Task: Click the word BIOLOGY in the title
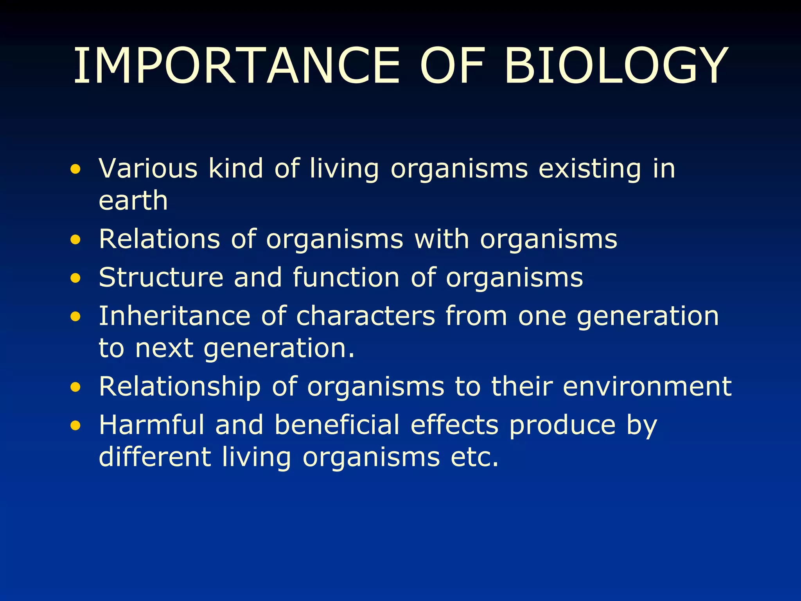click(x=616, y=66)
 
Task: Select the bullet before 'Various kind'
click(x=75, y=170)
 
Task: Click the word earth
click(x=133, y=201)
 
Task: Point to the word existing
click(x=590, y=169)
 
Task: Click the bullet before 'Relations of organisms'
click(x=75, y=240)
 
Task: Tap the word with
click(x=442, y=239)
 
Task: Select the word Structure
click(x=161, y=277)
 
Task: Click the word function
click(x=346, y=277)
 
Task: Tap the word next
click(x=164, y=348)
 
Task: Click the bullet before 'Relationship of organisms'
click(x=75, y=388)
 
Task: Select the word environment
click(x=647, y=387)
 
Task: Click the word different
click(x=155, y=457)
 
